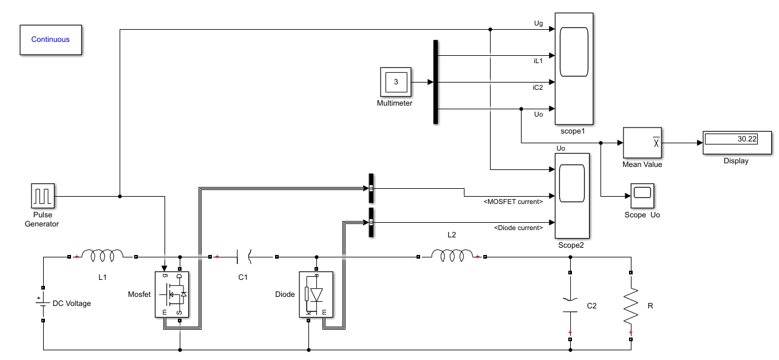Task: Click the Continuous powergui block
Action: coord(50,40)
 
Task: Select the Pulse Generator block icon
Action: coord(43,196)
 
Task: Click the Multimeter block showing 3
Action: coord(395,82)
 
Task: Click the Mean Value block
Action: coord(642,143)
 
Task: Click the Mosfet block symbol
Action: coord(172,294)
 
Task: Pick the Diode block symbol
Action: coord(316,294)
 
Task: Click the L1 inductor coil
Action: coord(102,256)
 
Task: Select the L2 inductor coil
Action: coord(451,256)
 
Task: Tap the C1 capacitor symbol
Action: coord(243,257)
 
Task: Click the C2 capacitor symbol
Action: coord(570,305)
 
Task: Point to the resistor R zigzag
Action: coord(631,305)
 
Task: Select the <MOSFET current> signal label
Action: coord(513,202)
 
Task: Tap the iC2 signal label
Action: coord(537,87)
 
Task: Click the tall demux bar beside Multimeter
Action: coord(435,82)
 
